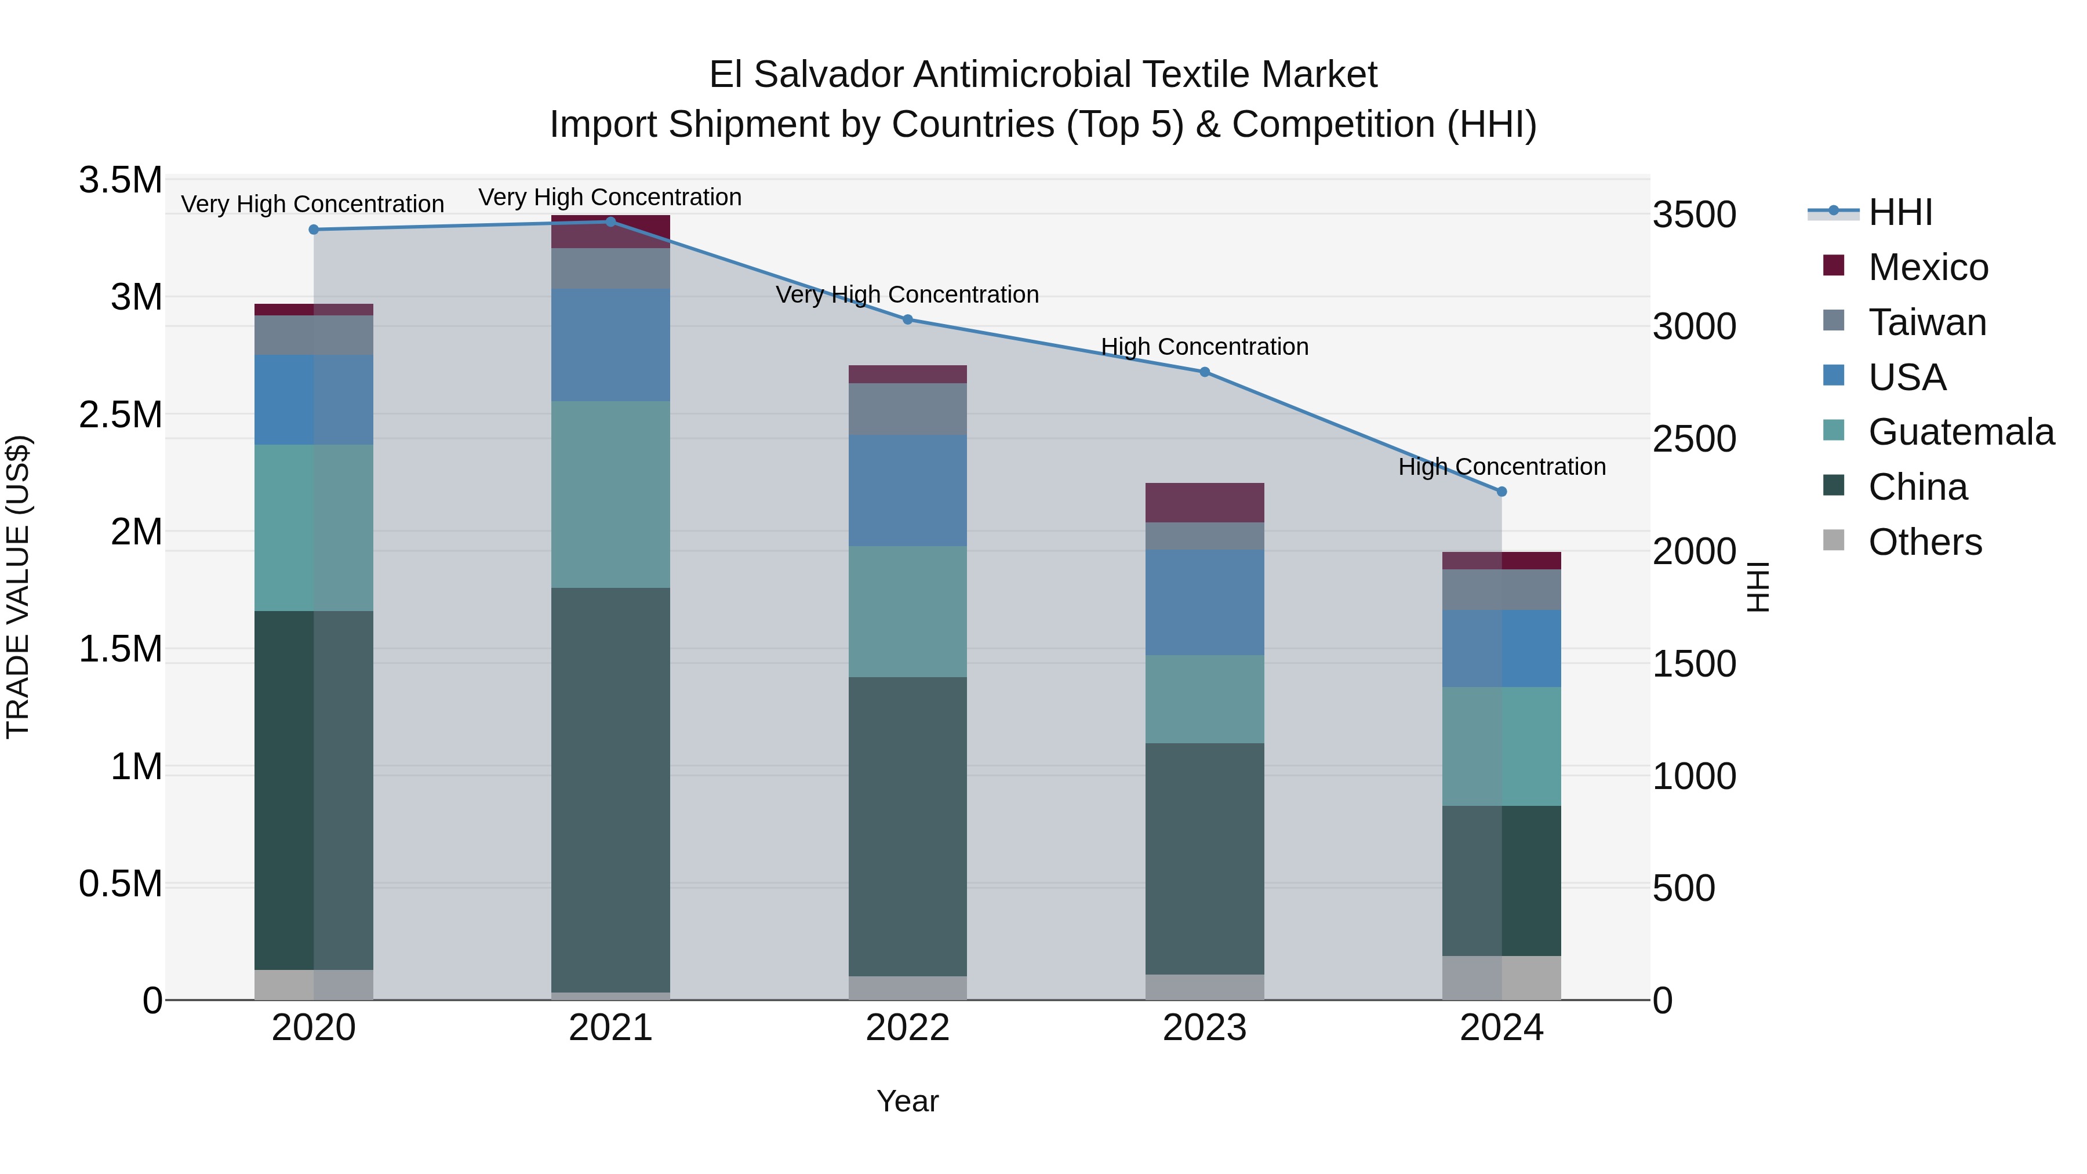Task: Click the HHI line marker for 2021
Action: (x=610, y=222)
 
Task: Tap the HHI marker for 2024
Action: (x=1501, y=492)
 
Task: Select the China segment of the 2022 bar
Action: (x=907, y=826)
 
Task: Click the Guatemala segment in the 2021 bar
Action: (x=610, y=494)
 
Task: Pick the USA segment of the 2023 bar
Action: (x=1204, y=602)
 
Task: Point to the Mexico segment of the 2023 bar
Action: (x=1204, y=502)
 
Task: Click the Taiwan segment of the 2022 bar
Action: (x=907, y=409)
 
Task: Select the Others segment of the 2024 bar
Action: (x=1501, y=978)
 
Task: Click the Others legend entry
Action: (x=1924, y=542)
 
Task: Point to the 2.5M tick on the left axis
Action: (x=120, y=415)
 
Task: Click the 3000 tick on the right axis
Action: (x=1694, y=326)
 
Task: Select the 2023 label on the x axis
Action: (x=1204, y=1028)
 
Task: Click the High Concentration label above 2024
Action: (x=1501, y=467)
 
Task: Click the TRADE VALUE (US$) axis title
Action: (x=18, y=587)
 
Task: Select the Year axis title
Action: (x=907, y=1101)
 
